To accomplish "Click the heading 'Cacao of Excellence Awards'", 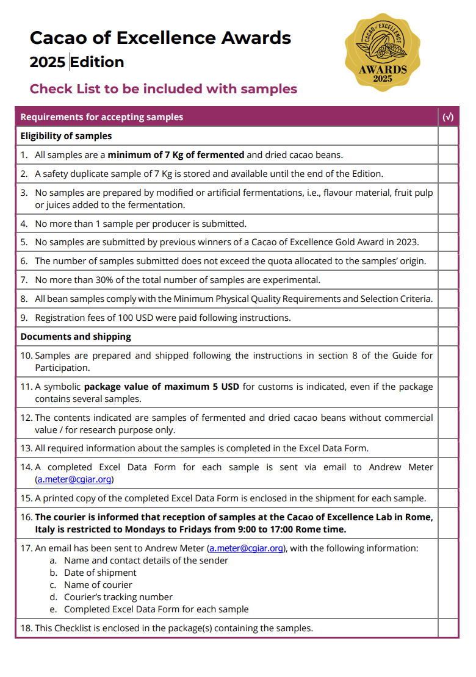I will pos(160,38).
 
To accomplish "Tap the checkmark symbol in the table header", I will pos(448,117).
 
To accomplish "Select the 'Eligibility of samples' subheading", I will pos(66,136).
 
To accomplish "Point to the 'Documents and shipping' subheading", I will pos(76,337).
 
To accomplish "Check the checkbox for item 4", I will pos(448,224).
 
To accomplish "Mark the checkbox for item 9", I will pos(448,318).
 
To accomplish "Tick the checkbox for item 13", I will pos(448,448).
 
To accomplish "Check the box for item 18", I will pos(448,628).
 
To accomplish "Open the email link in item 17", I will pos(247,548).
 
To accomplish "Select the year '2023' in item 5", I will pos(407,242).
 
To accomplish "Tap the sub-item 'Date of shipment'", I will pos(100,573).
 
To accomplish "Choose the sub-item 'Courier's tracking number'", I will pos(118,597).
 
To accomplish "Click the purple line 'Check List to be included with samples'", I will pos(164,89).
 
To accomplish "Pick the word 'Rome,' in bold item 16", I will pos(419,517).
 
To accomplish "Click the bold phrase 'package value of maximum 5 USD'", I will pos(164,387).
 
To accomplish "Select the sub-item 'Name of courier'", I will pos(98,585).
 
